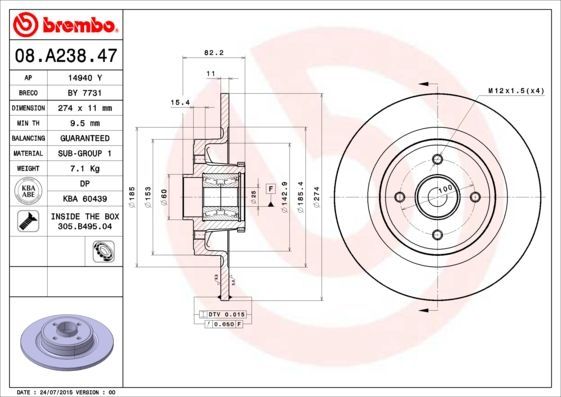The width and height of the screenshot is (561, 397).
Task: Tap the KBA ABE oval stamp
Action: tap(29, 191)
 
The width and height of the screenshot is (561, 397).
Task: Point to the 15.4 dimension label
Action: tap(180, 102)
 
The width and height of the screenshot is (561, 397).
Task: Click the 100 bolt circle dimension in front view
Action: tap(445, 187)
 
